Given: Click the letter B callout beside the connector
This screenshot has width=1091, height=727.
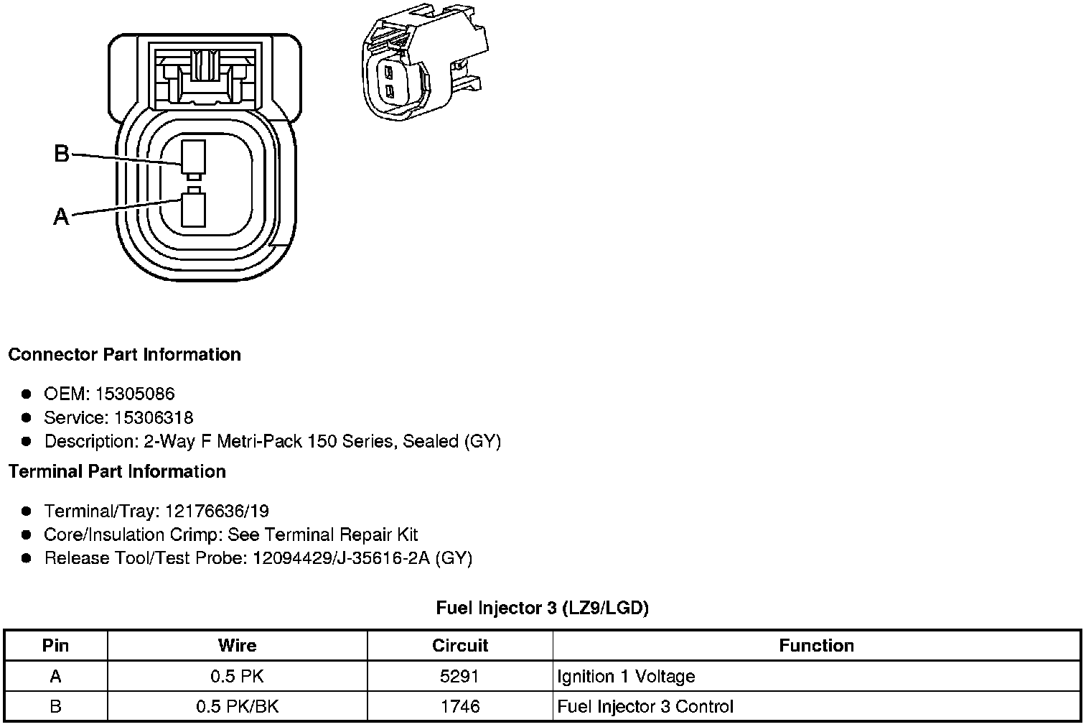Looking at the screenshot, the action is coord(62,154).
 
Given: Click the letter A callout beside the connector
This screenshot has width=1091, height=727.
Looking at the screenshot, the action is coord(62,216).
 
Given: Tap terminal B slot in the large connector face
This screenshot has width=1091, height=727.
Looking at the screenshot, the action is coord(193,157).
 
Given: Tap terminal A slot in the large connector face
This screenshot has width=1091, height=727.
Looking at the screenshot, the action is coord(193,210).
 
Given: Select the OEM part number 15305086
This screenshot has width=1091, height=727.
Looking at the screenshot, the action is coord(135,394).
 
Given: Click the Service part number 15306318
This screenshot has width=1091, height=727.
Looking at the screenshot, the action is coord(154,417).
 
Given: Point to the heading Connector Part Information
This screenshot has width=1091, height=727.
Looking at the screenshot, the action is coord(125,354).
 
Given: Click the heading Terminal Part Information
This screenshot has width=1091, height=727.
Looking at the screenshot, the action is coord(118,471).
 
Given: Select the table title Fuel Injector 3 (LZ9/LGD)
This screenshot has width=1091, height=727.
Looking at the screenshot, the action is coord(542,608).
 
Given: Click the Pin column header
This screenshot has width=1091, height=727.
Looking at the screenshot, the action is coord(55,646).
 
